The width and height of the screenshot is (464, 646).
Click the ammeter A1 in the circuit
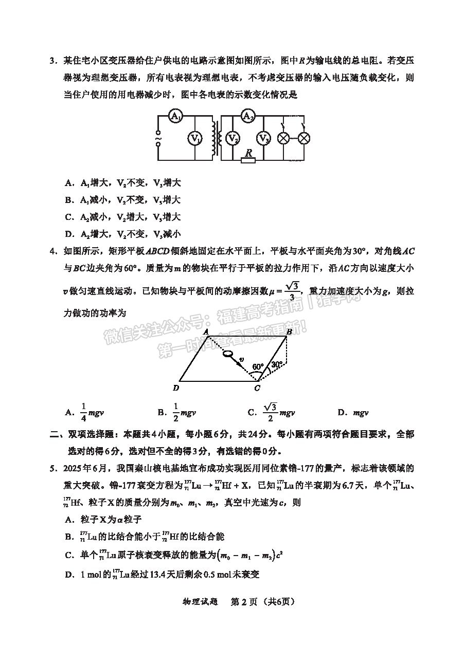(177, 117)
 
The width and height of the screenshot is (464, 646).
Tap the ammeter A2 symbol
(248, 116)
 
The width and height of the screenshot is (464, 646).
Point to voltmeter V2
(234, 138)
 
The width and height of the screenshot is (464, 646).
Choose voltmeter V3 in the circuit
(264, 138)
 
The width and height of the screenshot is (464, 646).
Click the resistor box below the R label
(248, 160)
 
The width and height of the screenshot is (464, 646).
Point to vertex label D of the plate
(176, 387)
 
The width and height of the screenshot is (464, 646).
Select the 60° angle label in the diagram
(258, 367)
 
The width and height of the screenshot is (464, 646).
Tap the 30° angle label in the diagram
(276, 364)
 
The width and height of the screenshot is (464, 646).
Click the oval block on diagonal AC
(227, 354)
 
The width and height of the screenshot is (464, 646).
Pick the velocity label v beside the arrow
(242, 359)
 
